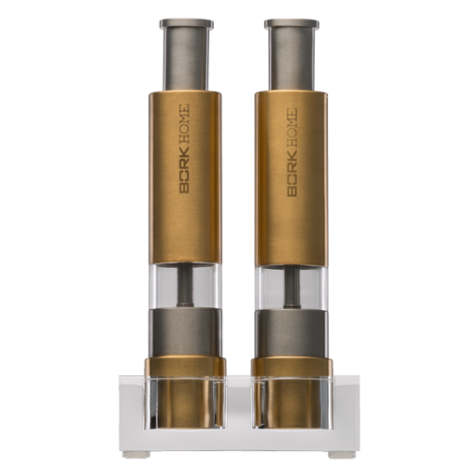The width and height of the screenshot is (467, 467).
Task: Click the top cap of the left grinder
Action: coord(187,24)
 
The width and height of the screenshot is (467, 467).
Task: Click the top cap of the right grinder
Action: coord(291,24)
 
